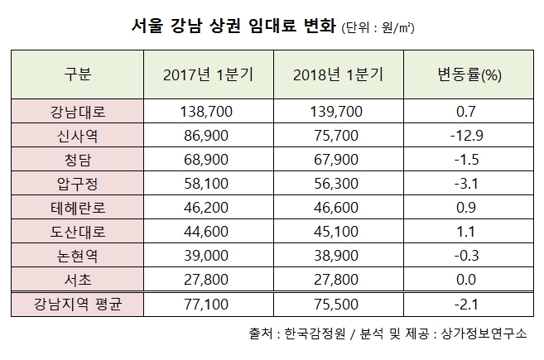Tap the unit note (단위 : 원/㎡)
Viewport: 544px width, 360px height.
click(x=378, y=28)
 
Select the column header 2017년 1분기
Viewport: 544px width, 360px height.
click(x=209, y=75)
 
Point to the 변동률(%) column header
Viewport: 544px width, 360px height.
click(x=469, y=75)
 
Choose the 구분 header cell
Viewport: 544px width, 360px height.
click(x=77, y=75)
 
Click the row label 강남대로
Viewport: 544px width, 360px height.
click(x=77, y=110)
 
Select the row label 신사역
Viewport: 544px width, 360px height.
click(x=77, y=132)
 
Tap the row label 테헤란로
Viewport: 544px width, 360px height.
click(x=77, y=199)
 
